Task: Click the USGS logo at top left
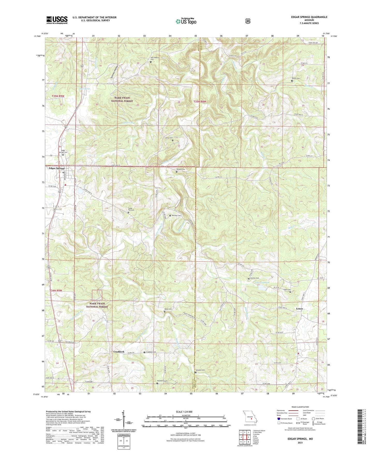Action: (x=57, y=20)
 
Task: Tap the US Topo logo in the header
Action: (x=186, y=21)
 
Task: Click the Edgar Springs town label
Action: (x=57, y=168)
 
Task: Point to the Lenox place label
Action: (x=299, y=309)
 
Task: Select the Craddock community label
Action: (x=119, y=352)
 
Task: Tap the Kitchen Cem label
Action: (x=254, y=278)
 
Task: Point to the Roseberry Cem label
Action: (x=162, y=381)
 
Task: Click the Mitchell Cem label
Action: (x=176, y=215)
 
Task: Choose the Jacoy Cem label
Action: (x=169, y=138)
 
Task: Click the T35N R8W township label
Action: (x=200, y=102)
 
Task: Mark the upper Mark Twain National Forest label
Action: (x=122, y=99)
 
